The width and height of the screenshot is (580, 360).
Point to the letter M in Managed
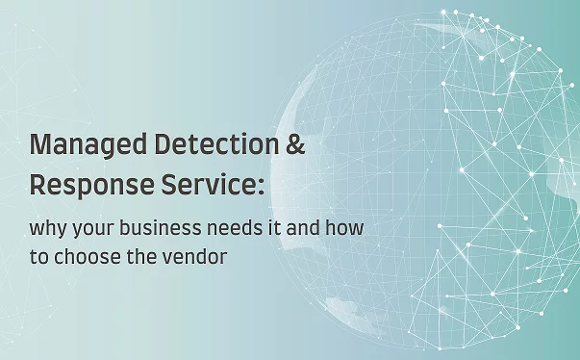click(41, 145)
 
